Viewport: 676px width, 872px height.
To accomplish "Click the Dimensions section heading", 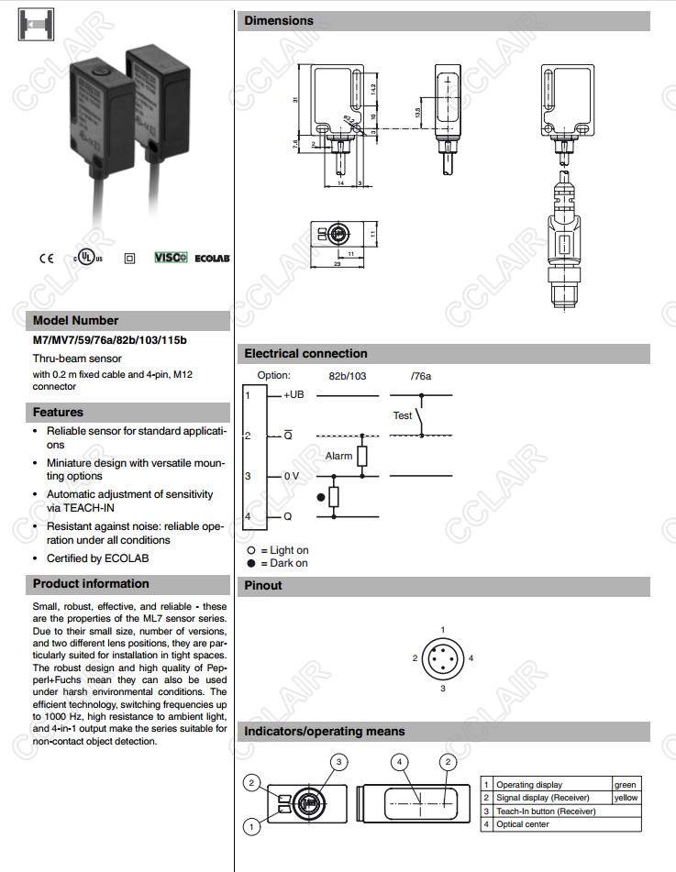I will pyautogui.click(x=279, y=21).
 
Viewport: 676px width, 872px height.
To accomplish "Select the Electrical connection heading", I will pyautogui.click(x=305, y=354).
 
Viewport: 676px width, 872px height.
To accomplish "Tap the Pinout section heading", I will pyautogui.click(x=263, y=586).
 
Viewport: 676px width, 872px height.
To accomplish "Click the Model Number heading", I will pyautogui.click(x=75, y=321).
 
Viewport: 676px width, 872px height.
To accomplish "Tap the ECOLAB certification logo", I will pyautogui.click(x=212, y=259).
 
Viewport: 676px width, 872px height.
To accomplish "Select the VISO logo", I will pyautogui.click(x=170, y=258).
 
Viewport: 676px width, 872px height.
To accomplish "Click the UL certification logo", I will pyautogui.click(x=88, y=259).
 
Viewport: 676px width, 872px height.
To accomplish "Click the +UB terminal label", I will pyautogui.click(x=294, y=394).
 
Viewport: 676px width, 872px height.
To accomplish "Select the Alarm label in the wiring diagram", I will pyautogui.click(x=338, y=456).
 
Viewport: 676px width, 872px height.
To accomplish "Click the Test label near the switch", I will pyautogui.click(x=403, y=416).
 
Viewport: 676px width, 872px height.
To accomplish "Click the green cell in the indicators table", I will pyautogui.click(x=625, y=785).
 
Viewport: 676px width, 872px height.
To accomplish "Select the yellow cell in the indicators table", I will pyautogui.click(x=626, y=798).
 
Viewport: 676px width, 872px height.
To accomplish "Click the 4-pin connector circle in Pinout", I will pyautogui.click(x=443, y=658).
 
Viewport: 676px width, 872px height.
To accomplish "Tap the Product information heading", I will pyautogui.click(x=91, y=584).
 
